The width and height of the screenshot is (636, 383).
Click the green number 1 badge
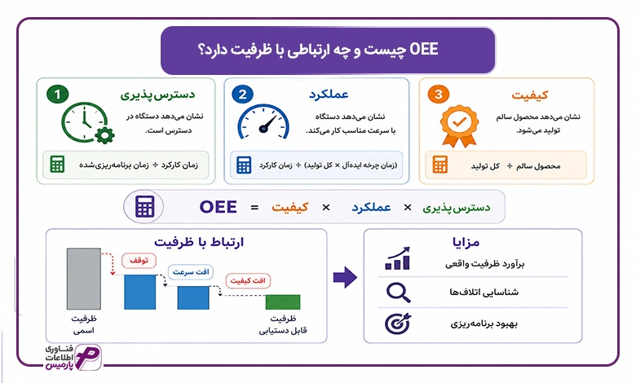pyautogui.click(x=58, y=95)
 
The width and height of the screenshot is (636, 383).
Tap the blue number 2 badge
pyautogui.click(x=242, y=95)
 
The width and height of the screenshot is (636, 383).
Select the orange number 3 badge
pyautogui.click(x=439, y=95)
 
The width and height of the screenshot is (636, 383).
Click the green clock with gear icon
pyautogui.click(x=87, y=123)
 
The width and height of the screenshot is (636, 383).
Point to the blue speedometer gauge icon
pyautogui.click(x=263, y=122)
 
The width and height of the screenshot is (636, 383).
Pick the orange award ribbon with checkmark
pyautogui.click(x=459, y=125)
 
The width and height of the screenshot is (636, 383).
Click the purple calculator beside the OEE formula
pyautogui.click(x=145, y=207)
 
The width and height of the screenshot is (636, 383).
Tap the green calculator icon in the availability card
pyautogui.click(x=57, y=165)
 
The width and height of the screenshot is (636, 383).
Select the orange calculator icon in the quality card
pyautogui.click(x=440, y=165)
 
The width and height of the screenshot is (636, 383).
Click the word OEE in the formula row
pyautogui.click(x=219, y=207)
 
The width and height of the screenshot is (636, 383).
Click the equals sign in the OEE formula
pyautogui.click(x=254, y=208)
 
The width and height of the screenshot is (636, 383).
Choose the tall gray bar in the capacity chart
pyautogui.click(x=83, y=279)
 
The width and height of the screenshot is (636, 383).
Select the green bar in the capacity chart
pyautogui.click(x=283, y=302)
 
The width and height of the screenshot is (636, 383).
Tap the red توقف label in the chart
pyautogui.click(x=139, y=260)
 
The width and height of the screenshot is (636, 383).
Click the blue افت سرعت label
pyautogui.click(x=191, y=272)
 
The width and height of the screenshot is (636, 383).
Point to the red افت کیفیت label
pyautogui.click(x=248, y=281)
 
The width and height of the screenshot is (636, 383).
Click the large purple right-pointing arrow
pyautogui.click(x=345, y=277)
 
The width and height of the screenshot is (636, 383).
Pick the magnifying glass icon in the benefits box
pyautogui.click(x=398, y=293)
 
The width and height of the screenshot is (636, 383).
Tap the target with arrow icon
pyautogui.click(x=398, y=324)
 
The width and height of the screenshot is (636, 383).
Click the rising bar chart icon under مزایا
pyautogui.click(x=398, y=258)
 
